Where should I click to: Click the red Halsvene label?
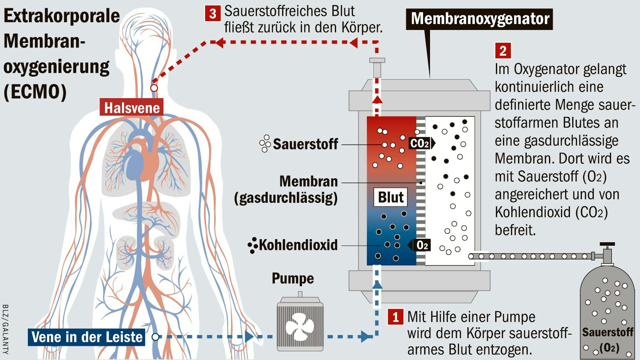(x=131, y=108)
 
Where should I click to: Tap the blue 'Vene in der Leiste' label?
(x=87, y=337)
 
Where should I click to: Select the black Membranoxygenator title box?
(x=480, y=19)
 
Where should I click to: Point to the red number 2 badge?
(x=503, y=51)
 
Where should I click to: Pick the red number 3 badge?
(x=212, y=14)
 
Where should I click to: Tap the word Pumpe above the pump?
(x=293, y=278)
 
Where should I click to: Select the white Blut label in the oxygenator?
(x=390, y=197)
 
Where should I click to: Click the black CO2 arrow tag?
(x=421, y=143)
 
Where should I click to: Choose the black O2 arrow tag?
(x=420, y=245)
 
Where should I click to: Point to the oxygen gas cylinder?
(x=607, y=313)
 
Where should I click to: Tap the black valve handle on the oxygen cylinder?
(x=607, y=244)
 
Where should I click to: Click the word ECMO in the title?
(x=35, y=92)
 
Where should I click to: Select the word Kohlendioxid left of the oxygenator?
(x=298, y=245)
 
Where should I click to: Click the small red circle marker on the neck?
(x=154, y=88)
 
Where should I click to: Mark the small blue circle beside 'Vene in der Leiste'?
(x=155, y=337)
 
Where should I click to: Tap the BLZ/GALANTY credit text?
(x=5, y=329)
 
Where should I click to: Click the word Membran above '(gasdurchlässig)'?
(x=308, y=181)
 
